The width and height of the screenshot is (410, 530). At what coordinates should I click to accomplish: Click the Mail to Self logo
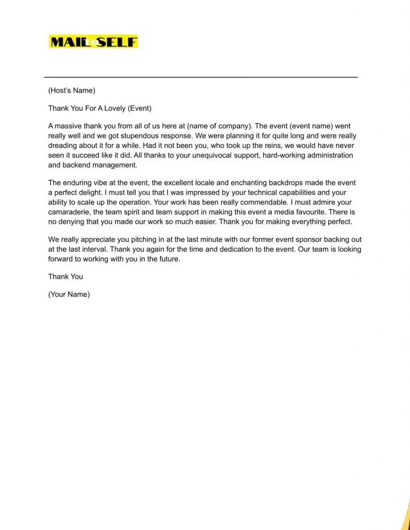(93, 41)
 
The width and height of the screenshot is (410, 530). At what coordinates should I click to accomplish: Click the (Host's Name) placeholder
(72, 91)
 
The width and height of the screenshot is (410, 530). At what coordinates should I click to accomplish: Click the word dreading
(63, 145)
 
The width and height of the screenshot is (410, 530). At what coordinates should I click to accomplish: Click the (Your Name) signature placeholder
(69, 294)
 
